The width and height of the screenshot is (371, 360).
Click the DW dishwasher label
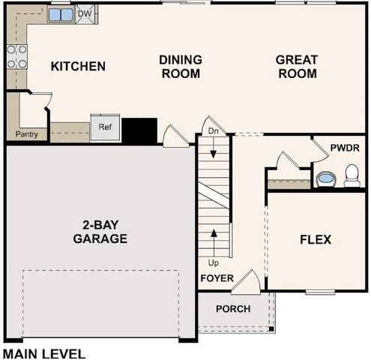click(x=85, y=13)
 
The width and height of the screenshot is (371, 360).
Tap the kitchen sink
click(x=61, y=14)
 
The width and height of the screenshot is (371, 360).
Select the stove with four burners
click(x=16, y=56)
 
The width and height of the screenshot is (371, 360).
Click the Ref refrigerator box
click(x=104, y=127)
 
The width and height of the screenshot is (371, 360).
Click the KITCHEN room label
click(x=78, y=66)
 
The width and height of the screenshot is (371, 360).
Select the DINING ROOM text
click(x=180, y=67)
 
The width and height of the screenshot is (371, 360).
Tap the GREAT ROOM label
click(x=296, y=67)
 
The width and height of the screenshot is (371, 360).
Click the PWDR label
click(x=346, y=148)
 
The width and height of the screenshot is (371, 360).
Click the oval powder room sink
click(x=326, y=179)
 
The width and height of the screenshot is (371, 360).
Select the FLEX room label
click(x=316, y=240)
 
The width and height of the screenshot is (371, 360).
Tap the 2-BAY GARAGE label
click(x=100, y=232)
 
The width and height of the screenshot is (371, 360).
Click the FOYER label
click(x=216, y=278)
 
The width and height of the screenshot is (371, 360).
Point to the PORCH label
click(x=232, y=309)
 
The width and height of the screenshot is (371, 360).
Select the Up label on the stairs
click(x=213, y=263)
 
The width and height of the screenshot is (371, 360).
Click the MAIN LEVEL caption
click(x=44, y=352)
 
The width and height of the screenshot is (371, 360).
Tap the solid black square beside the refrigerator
click(x=139, y=130)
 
